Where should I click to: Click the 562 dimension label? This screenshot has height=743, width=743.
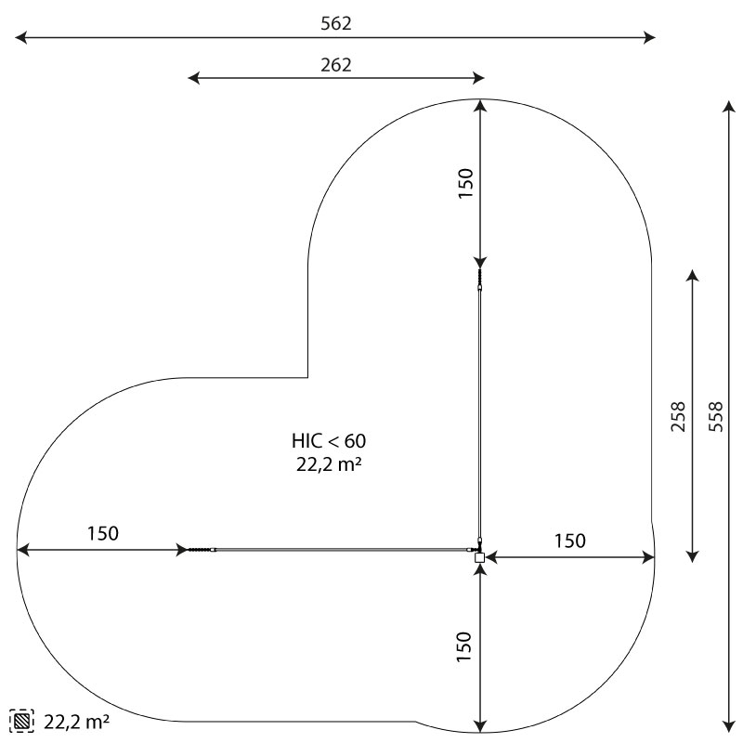click(336, 23)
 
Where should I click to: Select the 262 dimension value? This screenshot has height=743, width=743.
click(336, 65)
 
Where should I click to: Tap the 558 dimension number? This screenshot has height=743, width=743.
click(716, 416)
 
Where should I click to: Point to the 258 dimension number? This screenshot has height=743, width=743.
click(679, 416)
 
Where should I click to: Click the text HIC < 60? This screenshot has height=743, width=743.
click(329, 440)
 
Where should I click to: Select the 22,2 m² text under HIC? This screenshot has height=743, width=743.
click(329, 464)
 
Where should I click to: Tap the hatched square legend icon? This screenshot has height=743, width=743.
click(21, 722)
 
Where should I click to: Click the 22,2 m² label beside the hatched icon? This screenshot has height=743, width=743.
click(77, 722)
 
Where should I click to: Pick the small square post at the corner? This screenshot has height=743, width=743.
click(479, 557)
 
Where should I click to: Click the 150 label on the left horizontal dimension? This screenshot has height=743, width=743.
click(103, 533)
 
